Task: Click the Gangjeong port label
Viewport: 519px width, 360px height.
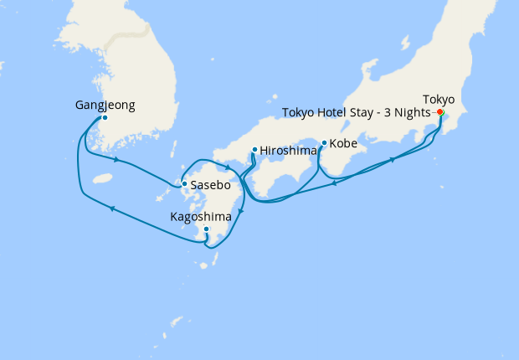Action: click(105, 105)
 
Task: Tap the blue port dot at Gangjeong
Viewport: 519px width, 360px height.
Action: click(105, 118)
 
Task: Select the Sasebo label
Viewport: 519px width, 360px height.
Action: click(210, 184)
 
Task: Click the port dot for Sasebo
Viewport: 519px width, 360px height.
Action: click(184, 184)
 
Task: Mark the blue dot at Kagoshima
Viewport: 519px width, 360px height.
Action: click(206, 229)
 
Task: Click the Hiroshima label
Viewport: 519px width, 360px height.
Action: click(288, 151)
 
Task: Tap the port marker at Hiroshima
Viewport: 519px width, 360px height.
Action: click(254, 151)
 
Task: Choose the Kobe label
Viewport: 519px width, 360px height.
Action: click(343, 144)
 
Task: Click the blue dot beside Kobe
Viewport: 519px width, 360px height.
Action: click(324, 143)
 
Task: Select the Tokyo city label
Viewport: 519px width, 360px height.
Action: click(439, 98)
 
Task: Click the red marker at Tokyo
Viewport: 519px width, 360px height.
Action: click(440, 112)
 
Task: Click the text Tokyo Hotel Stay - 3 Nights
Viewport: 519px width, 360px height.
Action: click(356, 112)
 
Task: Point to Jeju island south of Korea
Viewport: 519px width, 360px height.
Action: click(103, 178)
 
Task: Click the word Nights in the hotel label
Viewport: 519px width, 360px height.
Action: click(414, 112)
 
